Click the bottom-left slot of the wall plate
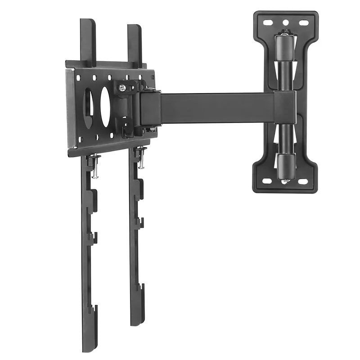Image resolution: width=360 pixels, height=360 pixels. [267, 181]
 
